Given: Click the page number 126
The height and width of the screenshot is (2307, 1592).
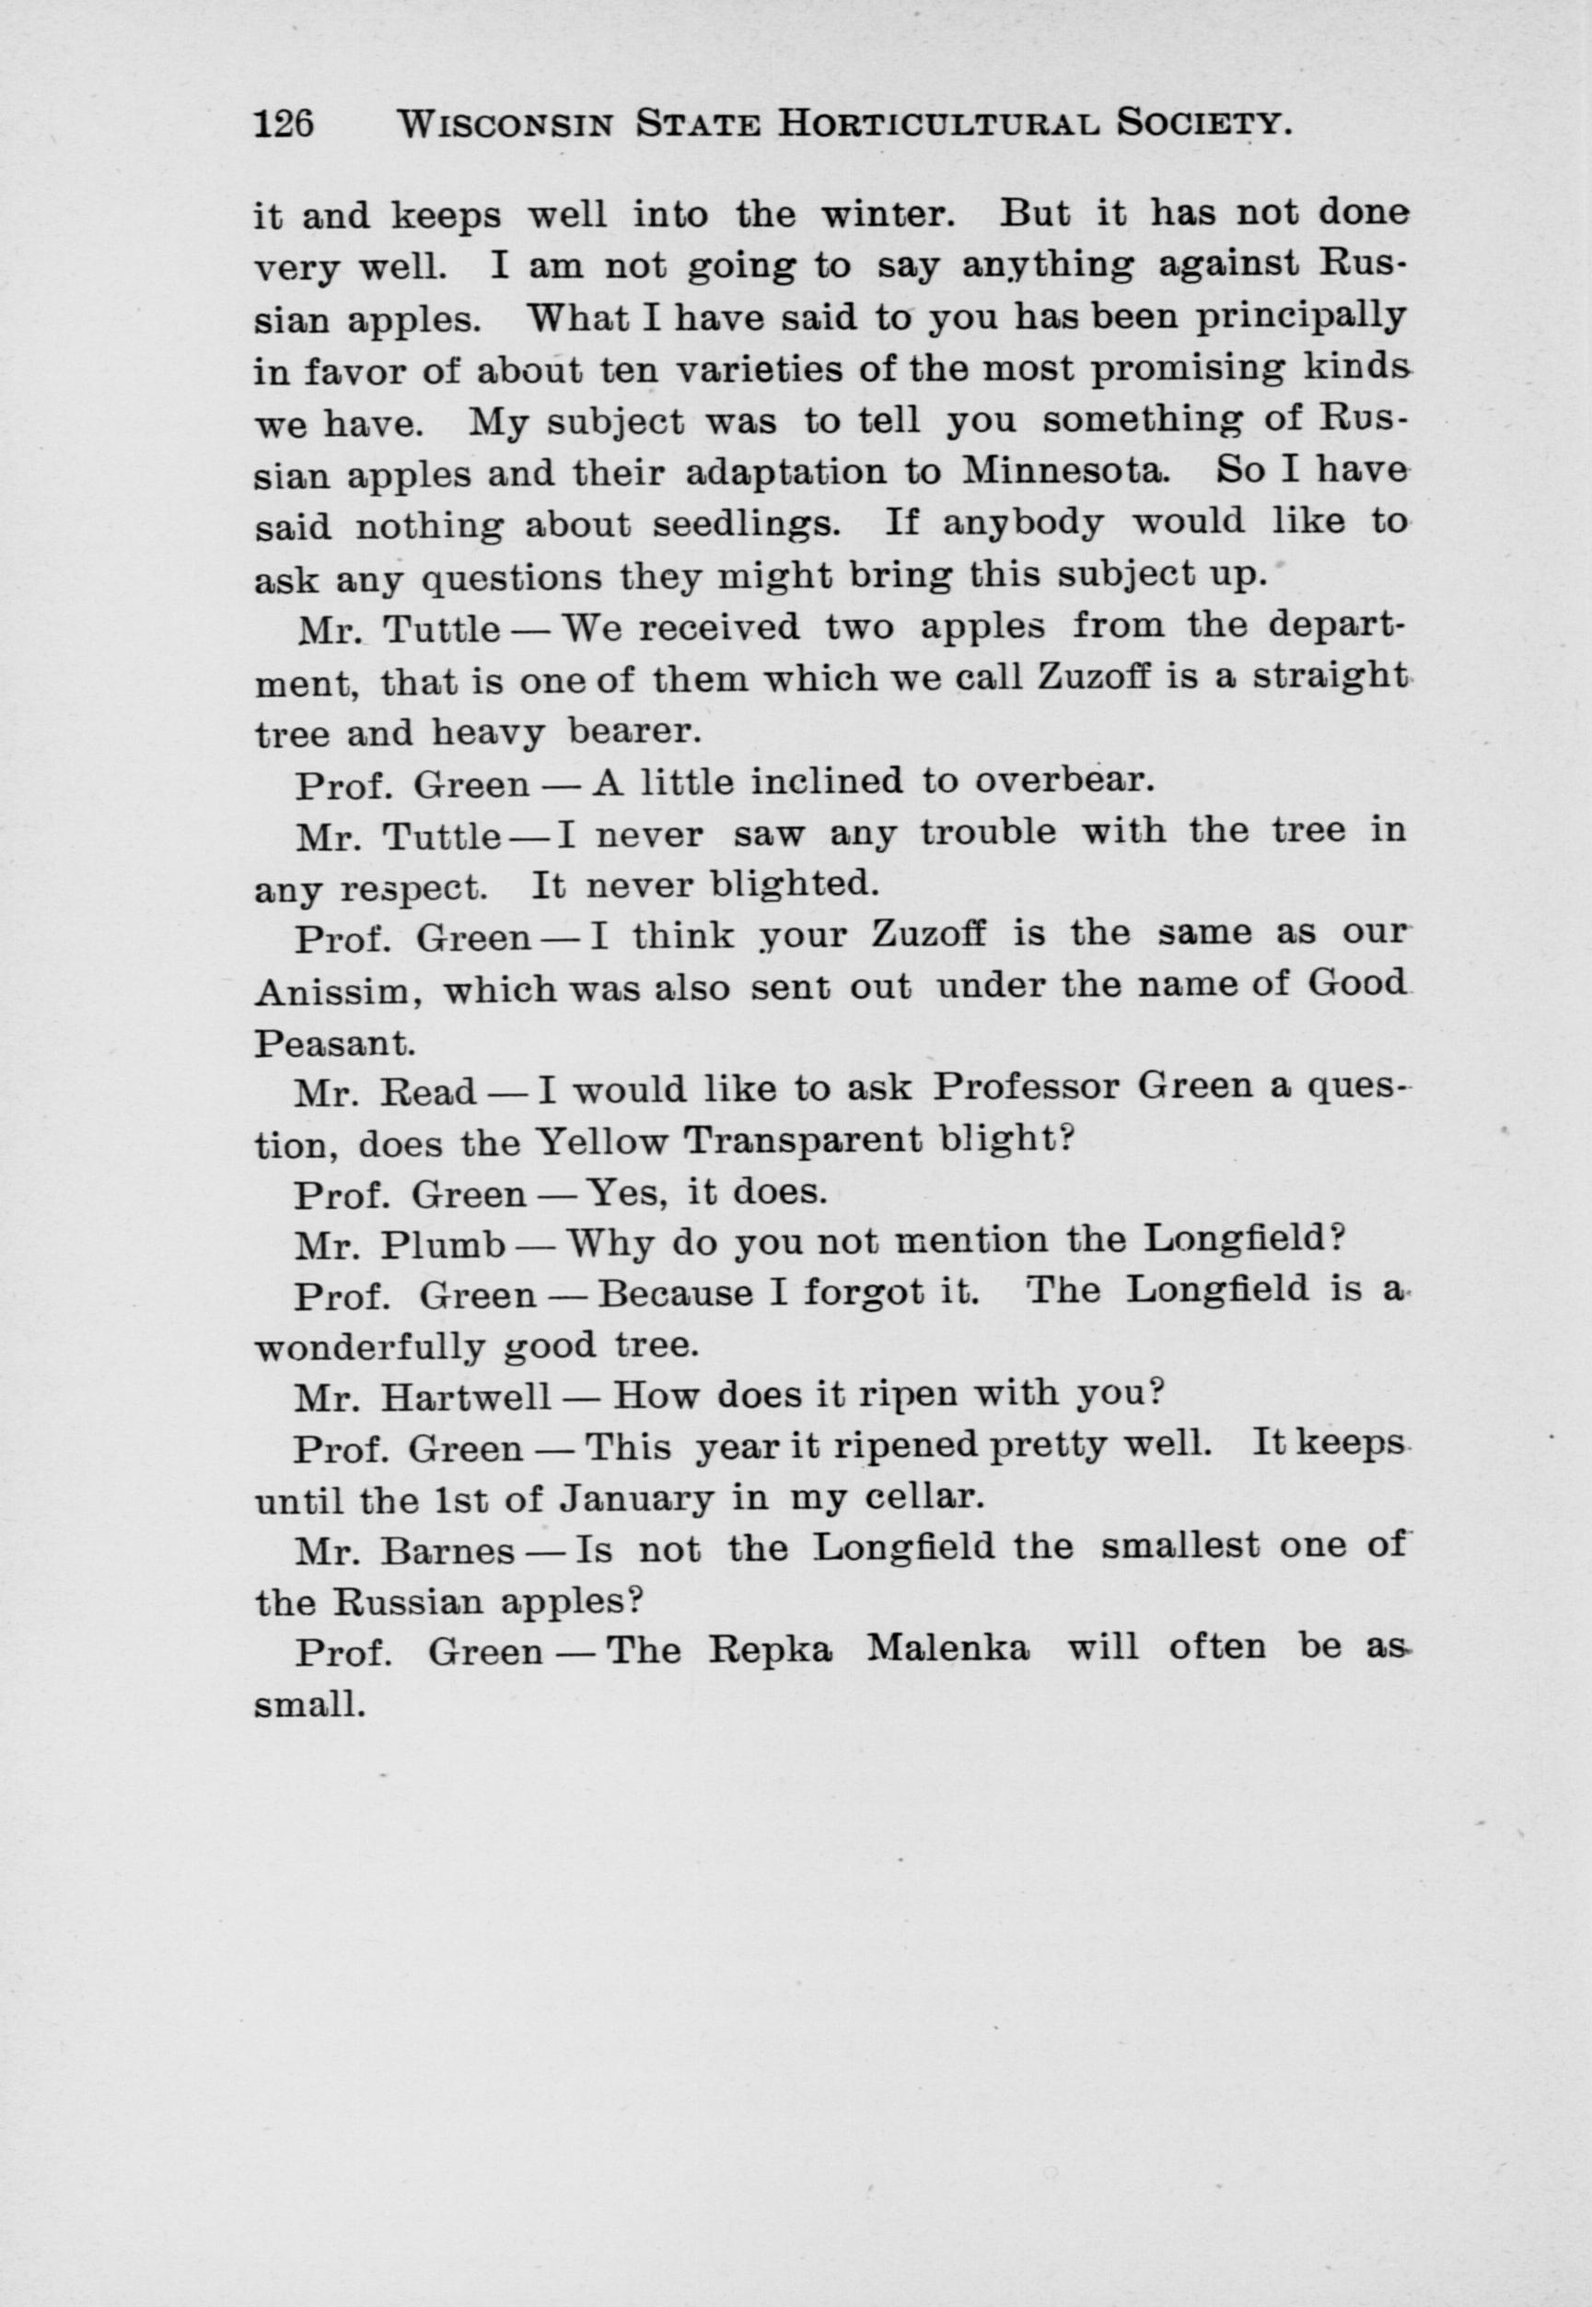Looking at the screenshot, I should (285, 123).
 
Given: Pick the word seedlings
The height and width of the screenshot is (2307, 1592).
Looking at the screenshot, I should (747, 525).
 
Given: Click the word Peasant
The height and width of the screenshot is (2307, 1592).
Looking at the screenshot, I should (334, 1044).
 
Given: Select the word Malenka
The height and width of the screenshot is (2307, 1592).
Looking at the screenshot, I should (947, 1651).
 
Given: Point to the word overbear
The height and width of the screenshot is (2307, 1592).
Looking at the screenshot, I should (1064, 781).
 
